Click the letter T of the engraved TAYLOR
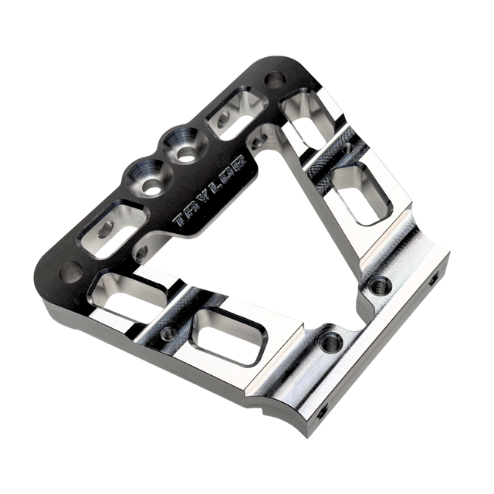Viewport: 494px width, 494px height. pyautogui.click(x=180, y=220)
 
